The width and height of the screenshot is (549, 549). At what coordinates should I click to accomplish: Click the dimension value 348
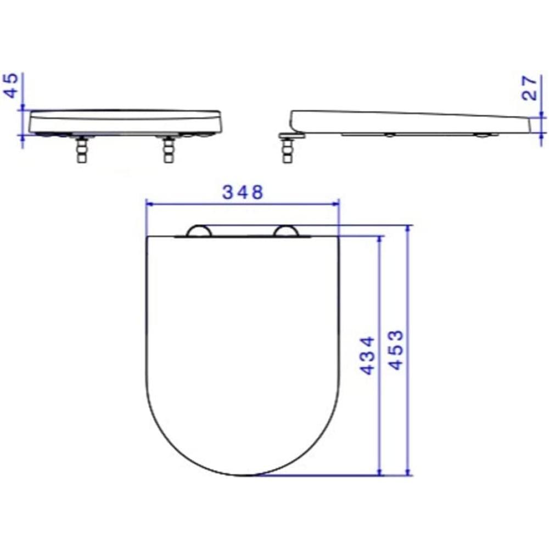pos(243,193)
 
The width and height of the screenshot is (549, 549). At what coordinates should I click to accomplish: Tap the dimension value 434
pos(367,355)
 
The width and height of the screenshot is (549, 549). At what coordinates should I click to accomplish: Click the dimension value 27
pos(529,88)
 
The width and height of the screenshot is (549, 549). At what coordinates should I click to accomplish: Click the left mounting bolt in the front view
pos(81,150)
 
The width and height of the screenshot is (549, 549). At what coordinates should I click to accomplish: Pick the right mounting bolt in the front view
pos(169,150)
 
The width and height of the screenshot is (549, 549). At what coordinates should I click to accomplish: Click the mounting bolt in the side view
pos(287,150)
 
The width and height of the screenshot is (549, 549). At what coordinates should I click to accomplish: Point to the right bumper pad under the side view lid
pos(483,135)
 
